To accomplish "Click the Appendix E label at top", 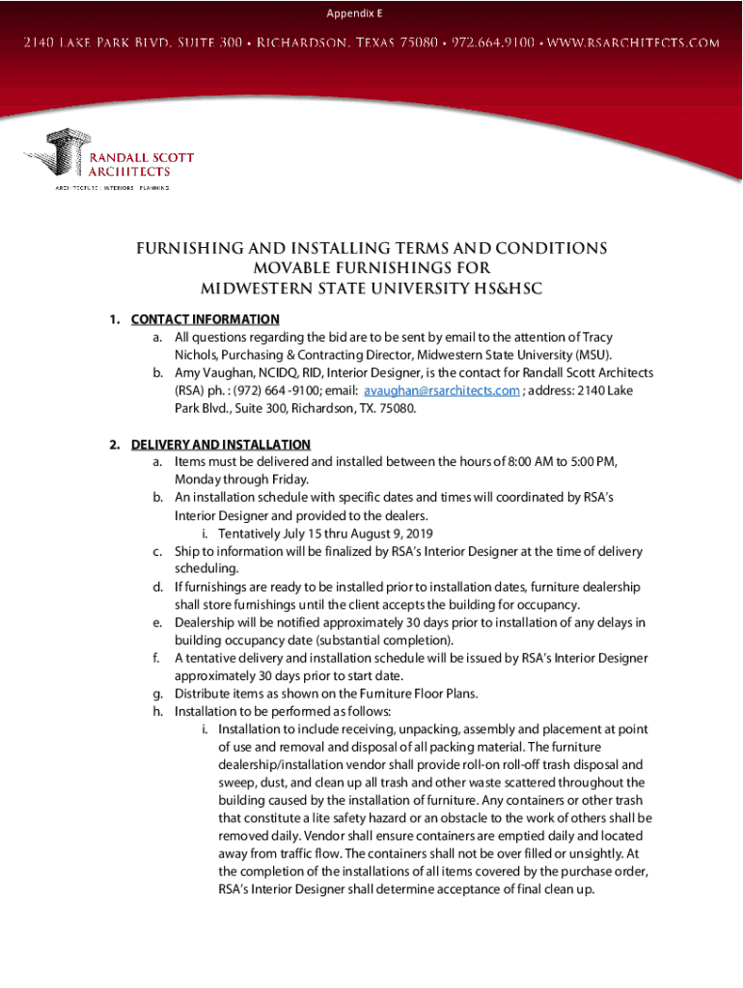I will pos(353,13).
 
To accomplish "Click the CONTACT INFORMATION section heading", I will pos(206,319).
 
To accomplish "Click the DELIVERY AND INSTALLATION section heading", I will pos(221,445).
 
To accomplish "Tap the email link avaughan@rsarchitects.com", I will pos(441,391).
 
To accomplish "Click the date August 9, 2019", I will pos(387,534).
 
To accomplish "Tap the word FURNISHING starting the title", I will pos(192,249).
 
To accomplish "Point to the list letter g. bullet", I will pos(156,694).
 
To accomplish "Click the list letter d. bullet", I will pos(156,587).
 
